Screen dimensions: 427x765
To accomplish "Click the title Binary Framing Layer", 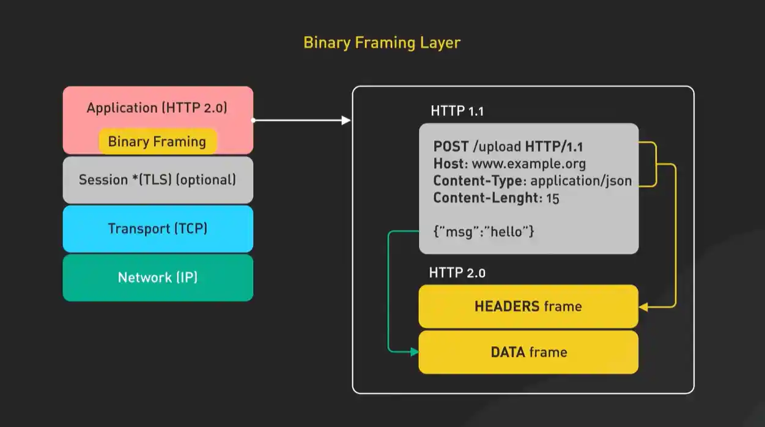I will tap(382, 43).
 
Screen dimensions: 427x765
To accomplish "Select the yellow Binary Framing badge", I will tap(157, 142).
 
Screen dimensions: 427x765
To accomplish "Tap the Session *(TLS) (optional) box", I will tap(157, 180).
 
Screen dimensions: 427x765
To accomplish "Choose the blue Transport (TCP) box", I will tap(157, 229).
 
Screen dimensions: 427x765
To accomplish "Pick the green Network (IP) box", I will tap(157, 278).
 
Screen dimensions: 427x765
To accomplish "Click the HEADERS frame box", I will tap(528, 306).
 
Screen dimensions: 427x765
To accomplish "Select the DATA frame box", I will tap(528, 352).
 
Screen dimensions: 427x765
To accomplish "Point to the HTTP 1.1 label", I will tap(457, 111).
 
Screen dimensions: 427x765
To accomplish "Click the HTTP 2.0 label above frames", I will tap(457, 273).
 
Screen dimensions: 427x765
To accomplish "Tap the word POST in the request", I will tap(451, 147).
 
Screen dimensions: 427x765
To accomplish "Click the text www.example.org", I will tap(530, 164).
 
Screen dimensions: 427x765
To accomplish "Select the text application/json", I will tap(581, 181).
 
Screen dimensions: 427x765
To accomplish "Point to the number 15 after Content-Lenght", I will tap(553, 198).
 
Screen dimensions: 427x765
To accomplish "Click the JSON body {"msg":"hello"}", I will tap(484, 232).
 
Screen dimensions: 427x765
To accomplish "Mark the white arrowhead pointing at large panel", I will tap(346, 121).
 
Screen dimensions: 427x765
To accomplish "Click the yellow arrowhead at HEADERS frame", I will tap(643, 306).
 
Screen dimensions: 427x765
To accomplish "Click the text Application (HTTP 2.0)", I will tap(157, 108).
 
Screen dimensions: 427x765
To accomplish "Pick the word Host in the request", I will tap(446, 164).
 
